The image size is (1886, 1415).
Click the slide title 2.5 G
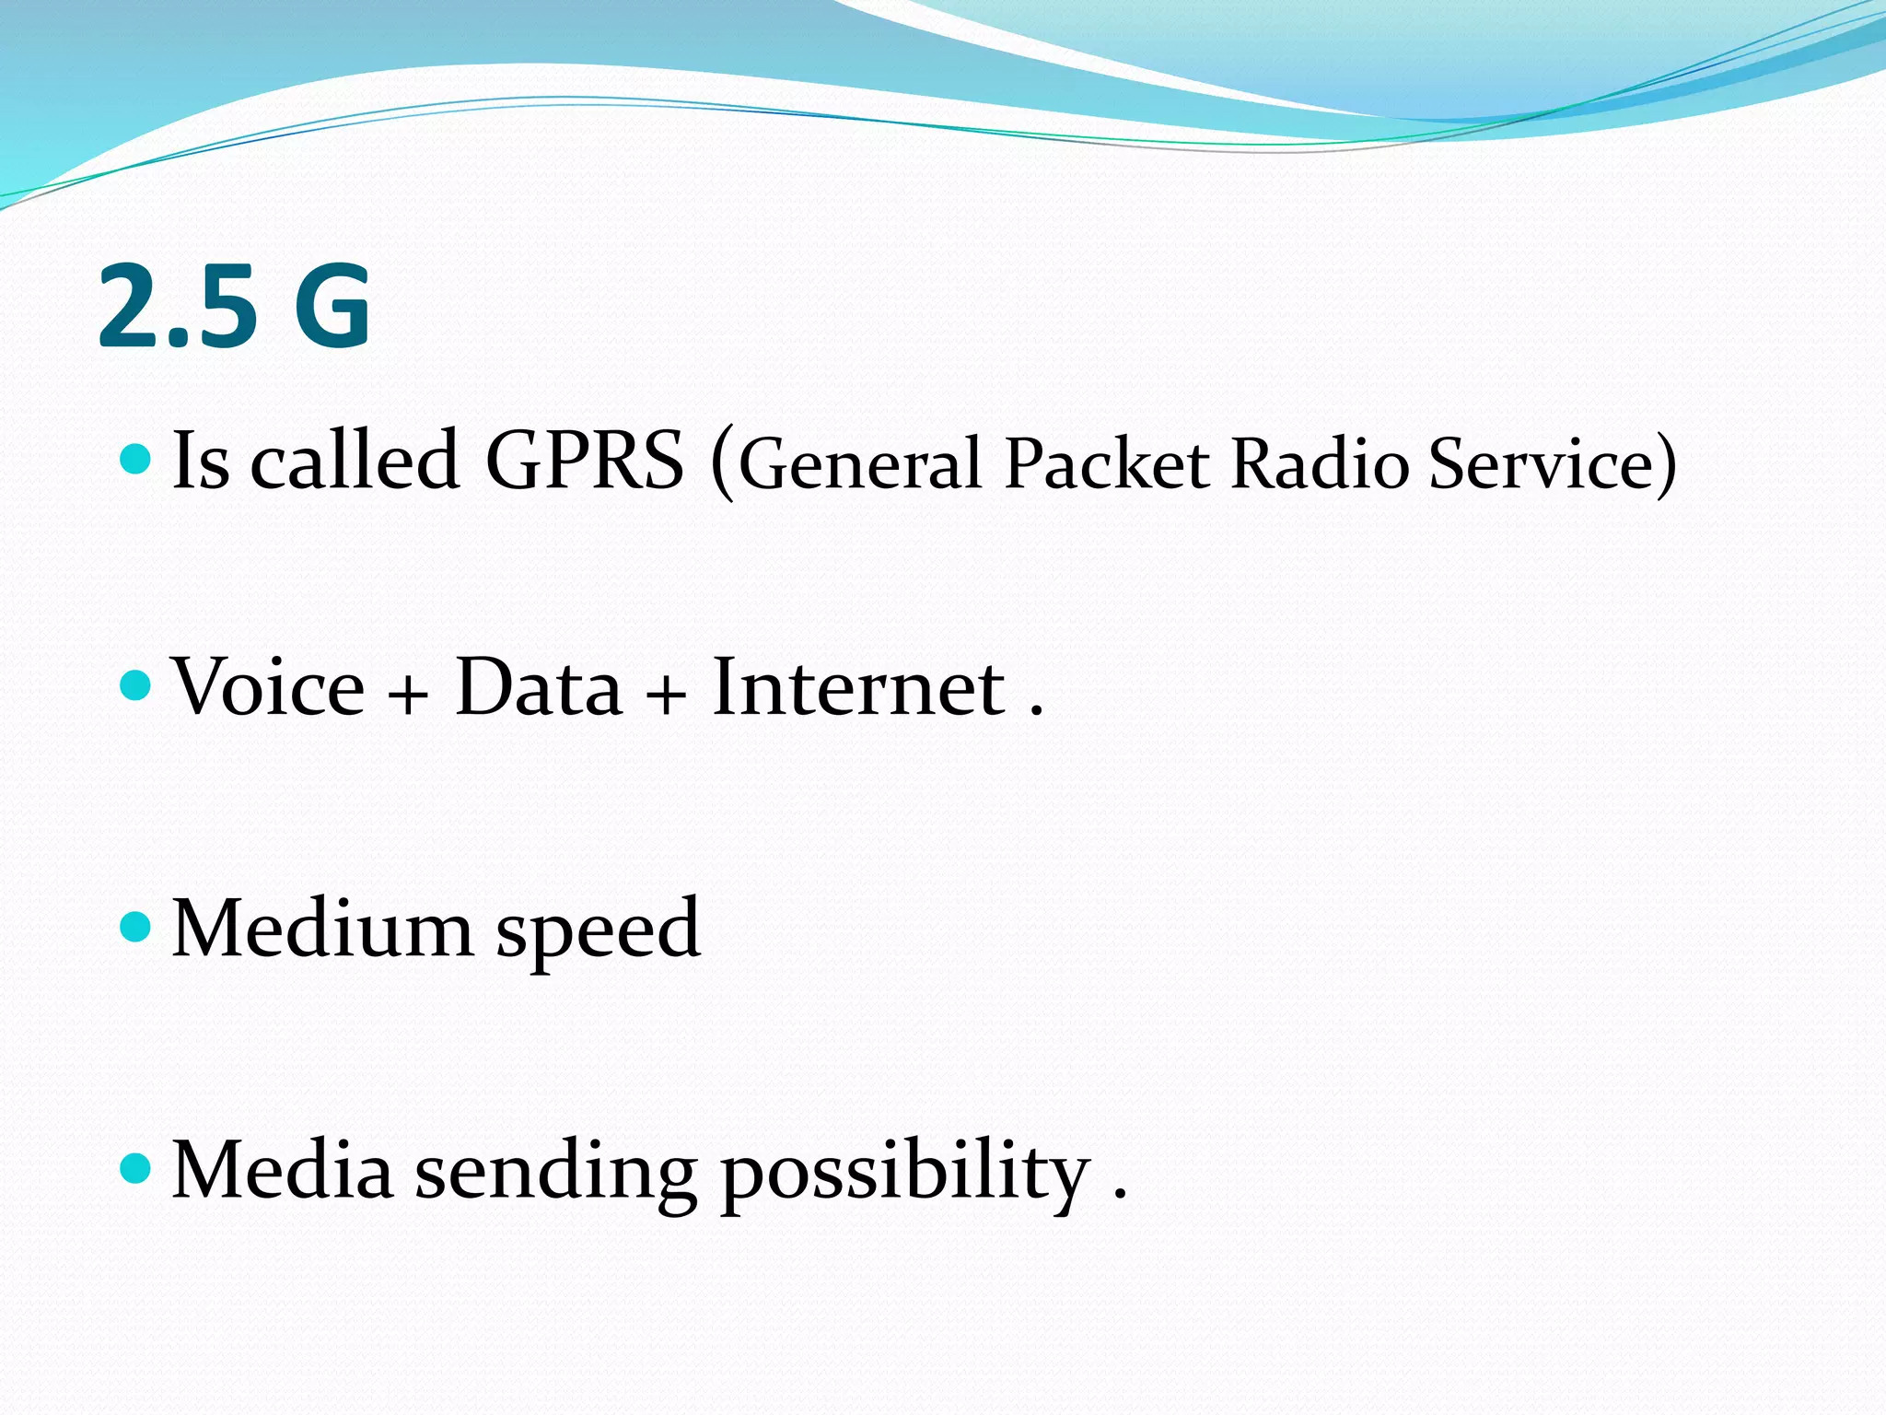(x=234, y=307)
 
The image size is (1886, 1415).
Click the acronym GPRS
(x=585, y=461)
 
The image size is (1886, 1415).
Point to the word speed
(x=599, y=932)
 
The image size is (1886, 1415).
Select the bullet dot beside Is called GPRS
(x=135, y=458)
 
